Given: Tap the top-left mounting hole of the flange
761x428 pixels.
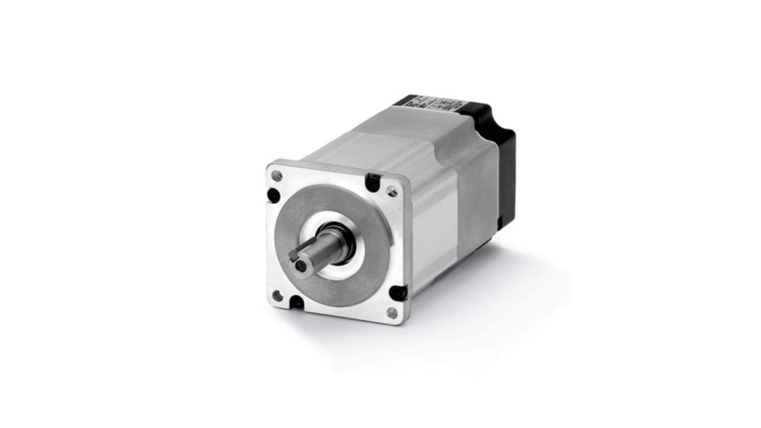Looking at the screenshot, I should (x=277, y=175).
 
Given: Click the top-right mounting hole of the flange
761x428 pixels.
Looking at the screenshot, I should (x=392, y=191).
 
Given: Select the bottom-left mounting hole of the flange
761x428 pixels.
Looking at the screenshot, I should (x=278, y=296).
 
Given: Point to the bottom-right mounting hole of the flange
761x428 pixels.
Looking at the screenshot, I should (x=392, y=313).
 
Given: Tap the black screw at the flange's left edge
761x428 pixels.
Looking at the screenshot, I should (x=273, y=195).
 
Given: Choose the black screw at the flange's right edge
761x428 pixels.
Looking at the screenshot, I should (x=398, y=293).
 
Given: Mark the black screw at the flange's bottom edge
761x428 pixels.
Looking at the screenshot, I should (x=296, y=303).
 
